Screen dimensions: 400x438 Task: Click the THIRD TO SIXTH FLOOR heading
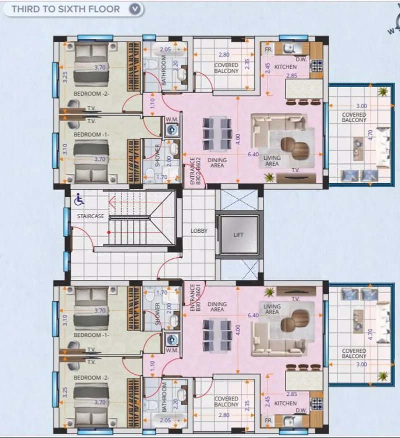[65, 9]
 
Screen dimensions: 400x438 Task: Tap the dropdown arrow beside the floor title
[134, 9]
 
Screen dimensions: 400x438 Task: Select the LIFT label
[238, 235]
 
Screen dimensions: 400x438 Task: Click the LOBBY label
[199, 231]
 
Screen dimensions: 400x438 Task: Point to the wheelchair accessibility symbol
[79, 200]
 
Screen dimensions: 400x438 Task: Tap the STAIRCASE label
[90, 216]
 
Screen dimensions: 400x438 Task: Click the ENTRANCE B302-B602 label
[195, 171]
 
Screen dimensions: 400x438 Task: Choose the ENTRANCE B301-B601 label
[195, 297]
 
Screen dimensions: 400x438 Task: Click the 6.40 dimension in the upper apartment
[253, 154]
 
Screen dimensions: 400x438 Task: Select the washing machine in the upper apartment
[171, 129]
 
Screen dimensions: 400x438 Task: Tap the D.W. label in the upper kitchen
[301, 59]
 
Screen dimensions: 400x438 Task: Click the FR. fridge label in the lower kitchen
[268, 420]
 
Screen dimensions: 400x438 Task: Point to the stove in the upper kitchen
[316, 66]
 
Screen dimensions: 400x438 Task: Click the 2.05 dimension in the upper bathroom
[165, 50]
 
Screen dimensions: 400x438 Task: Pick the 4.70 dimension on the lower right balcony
[370, 334]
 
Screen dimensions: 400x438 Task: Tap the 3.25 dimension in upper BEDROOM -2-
[64, 77]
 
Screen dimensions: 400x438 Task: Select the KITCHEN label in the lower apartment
[285, 403]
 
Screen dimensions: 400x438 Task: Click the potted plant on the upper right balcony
[382, 91]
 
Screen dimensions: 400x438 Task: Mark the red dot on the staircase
[109, 232]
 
